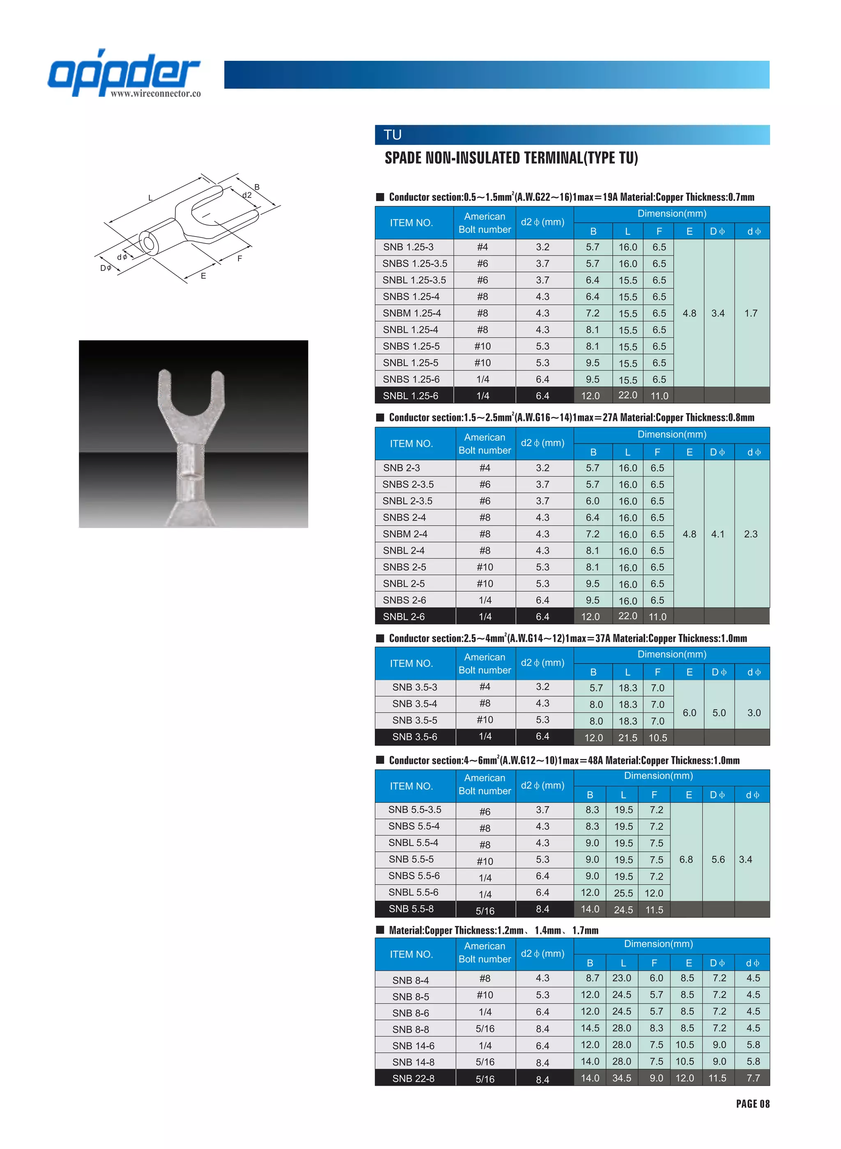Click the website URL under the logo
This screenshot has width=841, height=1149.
pos(155,94)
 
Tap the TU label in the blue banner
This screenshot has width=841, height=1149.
pos(393,135)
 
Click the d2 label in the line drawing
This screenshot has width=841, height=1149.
pos(247,195)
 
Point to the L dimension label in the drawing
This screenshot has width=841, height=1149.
pos(150,198)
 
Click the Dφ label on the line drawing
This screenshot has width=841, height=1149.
pos(106,268)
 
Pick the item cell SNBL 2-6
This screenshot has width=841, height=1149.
pos(404,616)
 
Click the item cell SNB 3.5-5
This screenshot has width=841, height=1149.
pos(414,720)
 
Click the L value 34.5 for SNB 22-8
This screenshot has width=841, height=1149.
pos(622,1078)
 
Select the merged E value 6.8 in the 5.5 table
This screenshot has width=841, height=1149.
pos(686,859)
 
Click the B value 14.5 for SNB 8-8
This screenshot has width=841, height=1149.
pos(590,1028)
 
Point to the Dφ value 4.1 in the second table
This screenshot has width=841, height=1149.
pos(718,534)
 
